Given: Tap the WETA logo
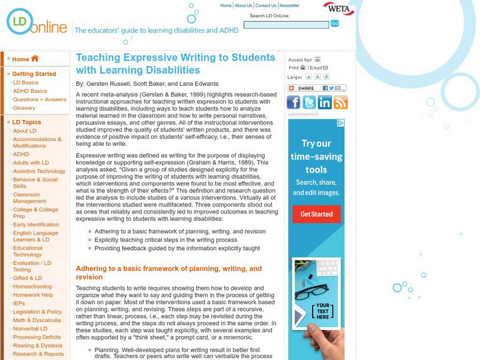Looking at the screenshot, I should (339, 8).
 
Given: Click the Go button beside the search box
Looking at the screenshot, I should (335, 23).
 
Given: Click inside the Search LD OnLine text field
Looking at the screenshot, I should (286, 25).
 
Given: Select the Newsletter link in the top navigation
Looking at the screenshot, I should (289, 5).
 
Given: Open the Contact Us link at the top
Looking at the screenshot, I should (266, 5).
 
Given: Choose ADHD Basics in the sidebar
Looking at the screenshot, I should (30, 91).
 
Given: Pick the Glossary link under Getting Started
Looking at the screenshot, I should (24, 108).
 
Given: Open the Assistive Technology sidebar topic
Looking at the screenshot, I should (39, 171).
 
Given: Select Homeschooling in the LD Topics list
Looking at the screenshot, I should (33, 286).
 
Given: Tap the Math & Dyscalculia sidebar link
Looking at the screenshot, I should (37, 320).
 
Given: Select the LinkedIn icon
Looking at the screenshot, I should (325, 102).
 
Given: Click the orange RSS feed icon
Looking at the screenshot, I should (341, 102).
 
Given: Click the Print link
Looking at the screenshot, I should (296, 68).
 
